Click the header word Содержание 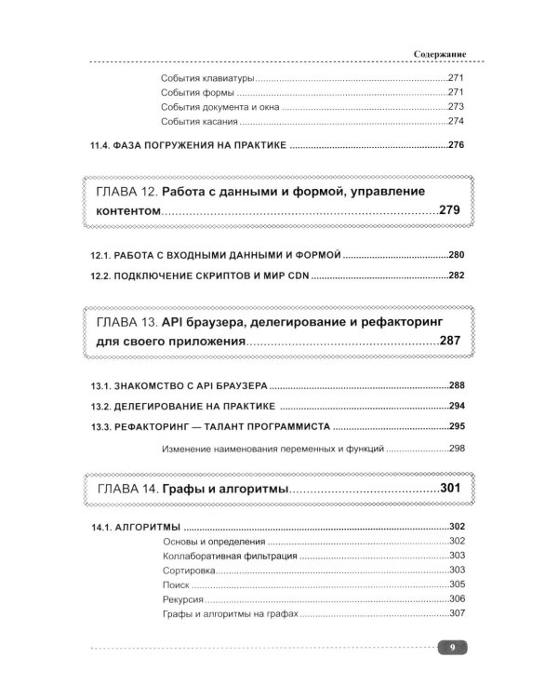tap(440, 55)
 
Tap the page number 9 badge tap(450, 649)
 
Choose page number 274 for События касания tap(455, 122)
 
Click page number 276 tap(456, 145)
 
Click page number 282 tap(456, 275)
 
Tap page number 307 tap(456, 614)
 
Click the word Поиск tap(175, 584)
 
